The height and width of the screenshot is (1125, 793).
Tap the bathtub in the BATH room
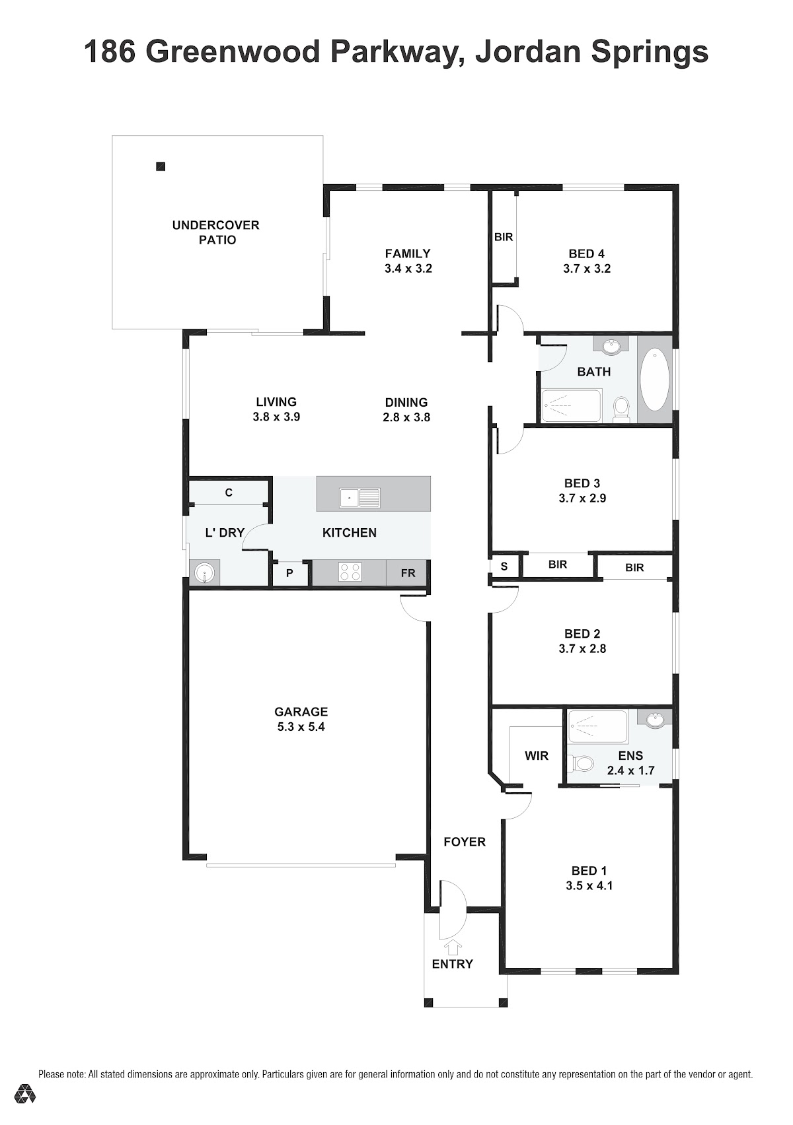(654, 380)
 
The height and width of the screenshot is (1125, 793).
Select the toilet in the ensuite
(580, 765)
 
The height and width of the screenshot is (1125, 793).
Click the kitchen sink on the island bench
(359, 498)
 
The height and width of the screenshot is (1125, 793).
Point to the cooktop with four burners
(350, 572)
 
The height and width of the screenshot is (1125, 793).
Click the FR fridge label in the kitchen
(408, 573)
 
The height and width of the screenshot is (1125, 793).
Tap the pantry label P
(289, 573)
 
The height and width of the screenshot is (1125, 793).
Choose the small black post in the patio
(161, 166)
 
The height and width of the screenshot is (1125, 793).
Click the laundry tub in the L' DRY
(204, 573)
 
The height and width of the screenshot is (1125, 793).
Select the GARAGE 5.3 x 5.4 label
(301, 719)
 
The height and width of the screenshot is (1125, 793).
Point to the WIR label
(537, 755)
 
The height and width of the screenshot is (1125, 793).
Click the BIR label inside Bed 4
(504, 237)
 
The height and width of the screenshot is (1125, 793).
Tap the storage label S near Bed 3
(504, 566)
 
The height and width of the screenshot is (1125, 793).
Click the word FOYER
(465, 842)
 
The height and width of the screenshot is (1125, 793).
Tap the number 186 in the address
(110, 52)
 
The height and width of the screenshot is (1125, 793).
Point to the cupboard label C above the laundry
(229, 493)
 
